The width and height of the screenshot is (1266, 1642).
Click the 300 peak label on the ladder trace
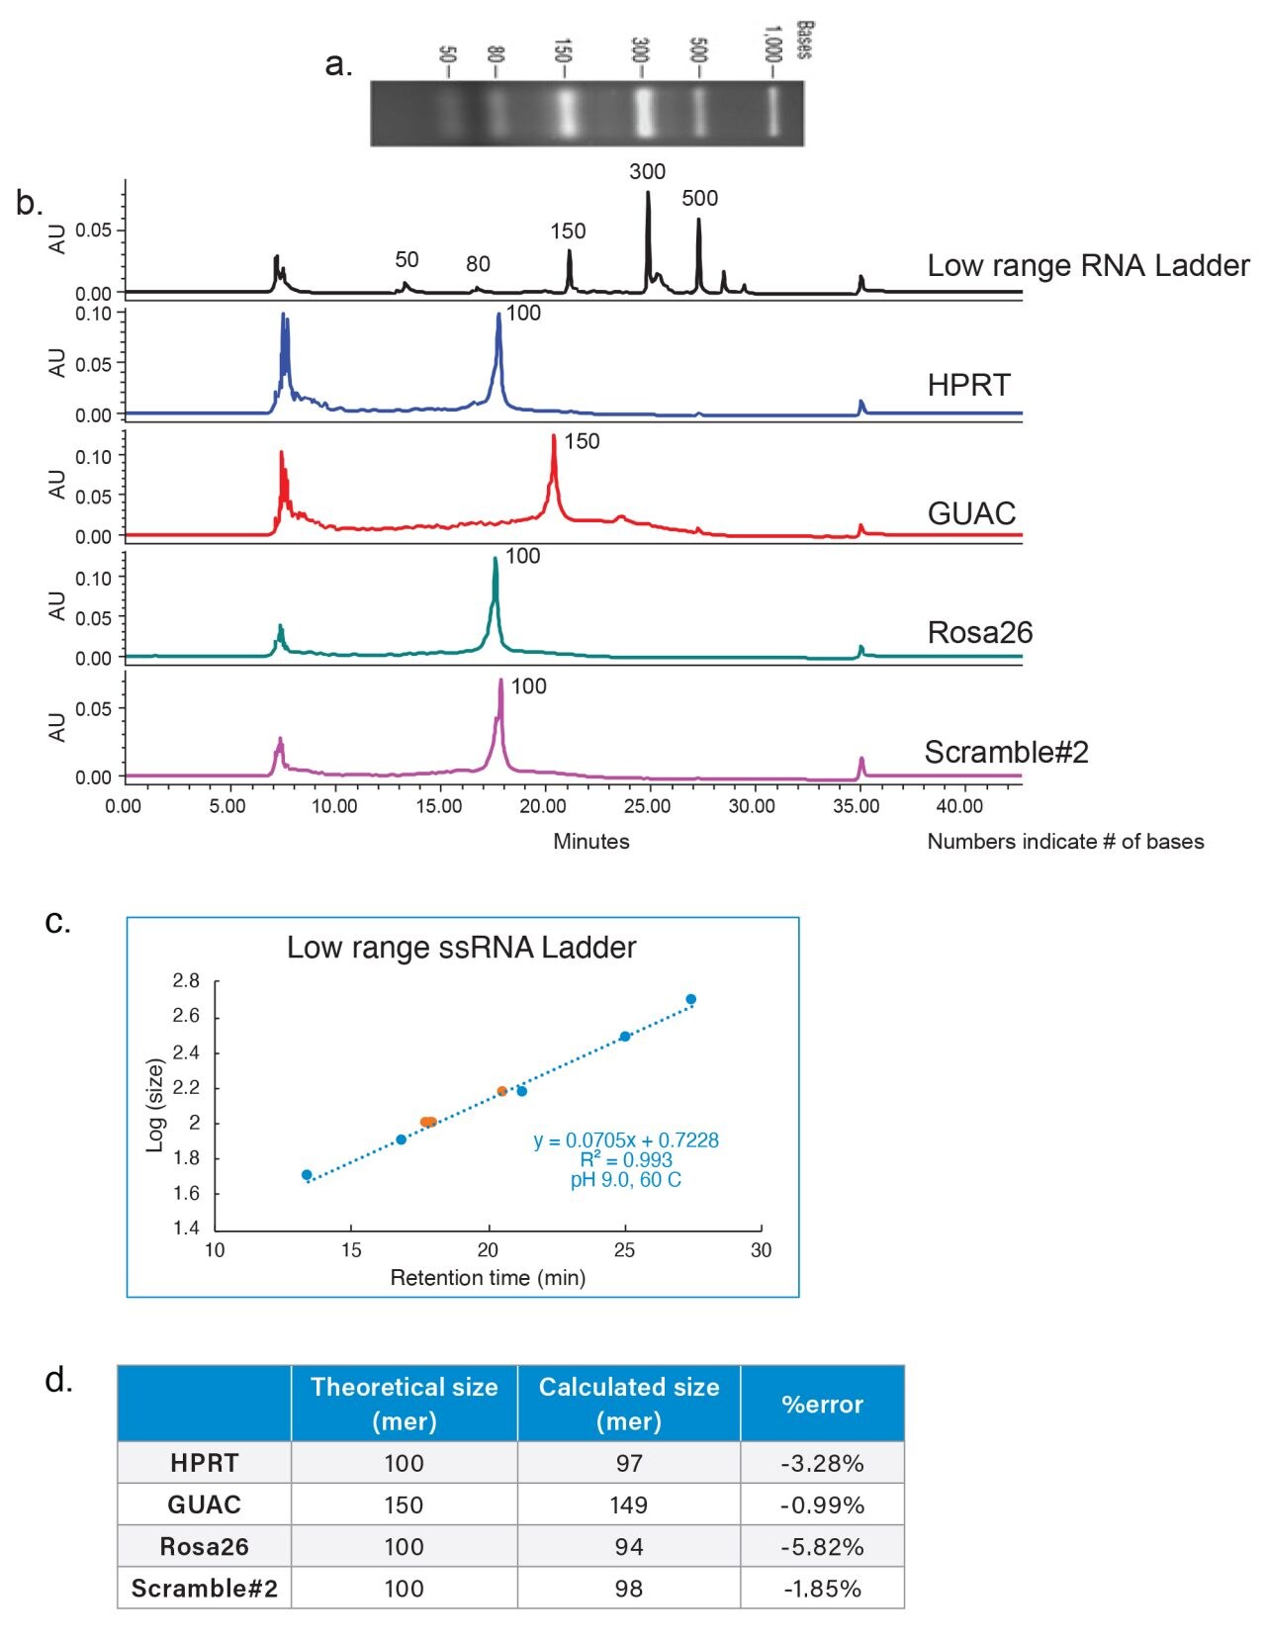(x=647, y=172)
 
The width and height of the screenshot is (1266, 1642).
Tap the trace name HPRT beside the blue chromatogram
(x=968, y=385)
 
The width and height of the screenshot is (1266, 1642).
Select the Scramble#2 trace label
(x=1006, y=753)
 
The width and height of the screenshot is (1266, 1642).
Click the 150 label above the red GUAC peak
(x=582, y=442)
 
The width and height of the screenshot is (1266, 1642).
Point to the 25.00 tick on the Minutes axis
(x=647, y=806)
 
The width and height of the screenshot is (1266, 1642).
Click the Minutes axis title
(x=590, y=842)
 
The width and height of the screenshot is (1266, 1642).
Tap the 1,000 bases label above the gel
(x=773, y=46)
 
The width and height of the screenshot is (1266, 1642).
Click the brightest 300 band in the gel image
(x=645, y=113)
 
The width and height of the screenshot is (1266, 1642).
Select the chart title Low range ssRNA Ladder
(x=461, y=948)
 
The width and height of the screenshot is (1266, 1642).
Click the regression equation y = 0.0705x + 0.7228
(x=626, y=1140)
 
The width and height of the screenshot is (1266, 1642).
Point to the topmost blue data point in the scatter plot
(x=690, y=999)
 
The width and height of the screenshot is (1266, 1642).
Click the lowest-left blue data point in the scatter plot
(x=307, y=1175)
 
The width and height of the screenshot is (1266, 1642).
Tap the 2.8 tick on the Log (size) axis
(x=186, y=981)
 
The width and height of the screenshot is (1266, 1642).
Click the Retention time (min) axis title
(x=488, y=1278)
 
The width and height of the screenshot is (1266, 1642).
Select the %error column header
(x=822, y=1405)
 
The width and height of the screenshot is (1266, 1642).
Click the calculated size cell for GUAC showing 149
(x=628, y=1505)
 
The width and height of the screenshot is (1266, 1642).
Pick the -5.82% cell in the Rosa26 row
(x=822, y=1547)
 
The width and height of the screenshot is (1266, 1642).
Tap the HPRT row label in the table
(x=204, y=1463)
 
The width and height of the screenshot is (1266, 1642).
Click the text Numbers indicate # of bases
(x=1065, y=842)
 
